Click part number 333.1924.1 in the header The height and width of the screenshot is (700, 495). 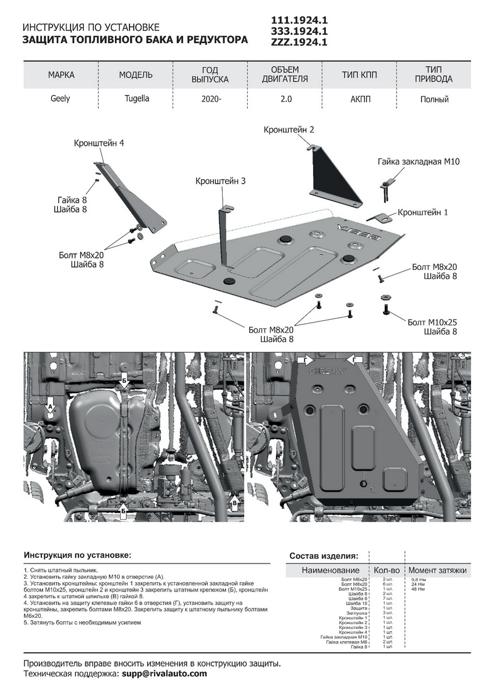pyautogui.click(x=300, y=31)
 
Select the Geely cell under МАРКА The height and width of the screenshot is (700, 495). pyautogui.click(x=60, y=99)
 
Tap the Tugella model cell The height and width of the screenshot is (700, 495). pyautogui.click(x=136, y=99)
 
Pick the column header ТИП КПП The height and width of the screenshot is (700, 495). pyautogui.click(x=360, y=75)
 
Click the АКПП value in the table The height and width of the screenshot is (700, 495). pyautogui.click(x=360, y=99)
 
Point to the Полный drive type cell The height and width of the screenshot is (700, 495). pyautogui.click(x=434, y=99)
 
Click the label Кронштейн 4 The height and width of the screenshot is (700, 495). pyautogui.click(x=99, y=143)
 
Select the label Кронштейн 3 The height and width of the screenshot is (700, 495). pyautogui.click(x=220, y=181)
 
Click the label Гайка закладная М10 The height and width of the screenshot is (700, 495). pyautogui.click(x=419, y=162)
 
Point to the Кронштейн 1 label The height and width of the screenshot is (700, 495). pyautogui.click(x=423, y=212)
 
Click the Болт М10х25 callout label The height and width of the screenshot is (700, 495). pyautogui.click(x=432, y=322)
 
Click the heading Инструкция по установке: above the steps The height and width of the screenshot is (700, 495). pyautogui.click(x=78, y=555)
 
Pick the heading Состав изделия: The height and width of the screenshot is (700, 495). pyautogui.click(x=324, y=556)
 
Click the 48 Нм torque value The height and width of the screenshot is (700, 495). pyautogui.click(x=418, y=589)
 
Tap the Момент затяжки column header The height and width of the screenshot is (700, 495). pyautogui.click(x=437, y=570)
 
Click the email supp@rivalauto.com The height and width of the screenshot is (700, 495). pyautogui.click(x=164, y=674)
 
